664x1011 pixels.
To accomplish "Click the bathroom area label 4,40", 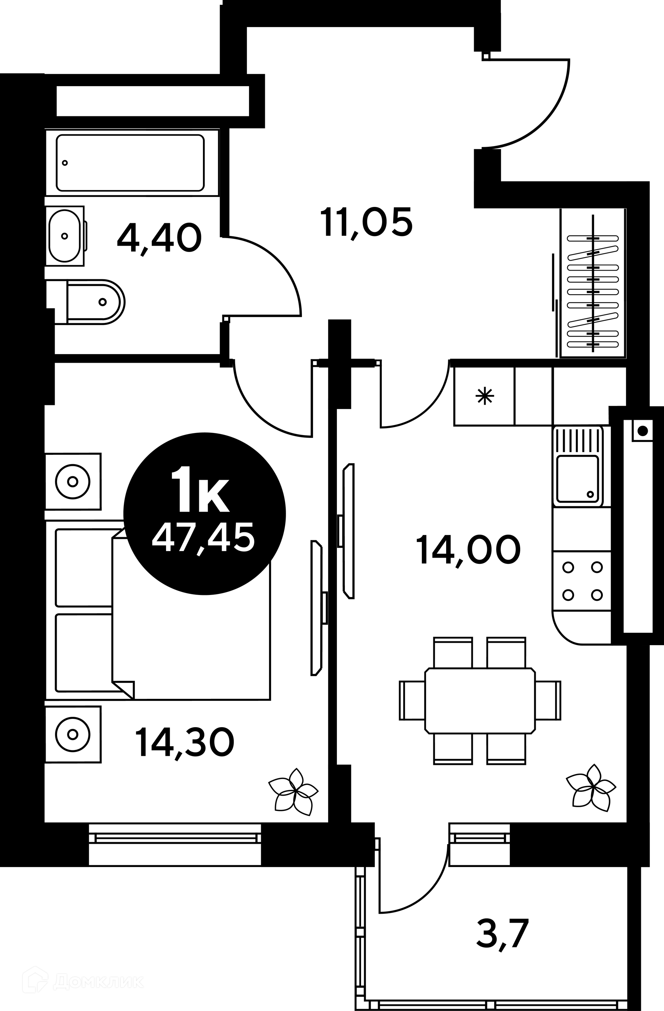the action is click(x=159, y=239).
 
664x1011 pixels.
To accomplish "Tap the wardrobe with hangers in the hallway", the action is click(x=593, y=283).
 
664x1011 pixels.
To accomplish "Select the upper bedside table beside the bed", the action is click(x=73, y=482).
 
